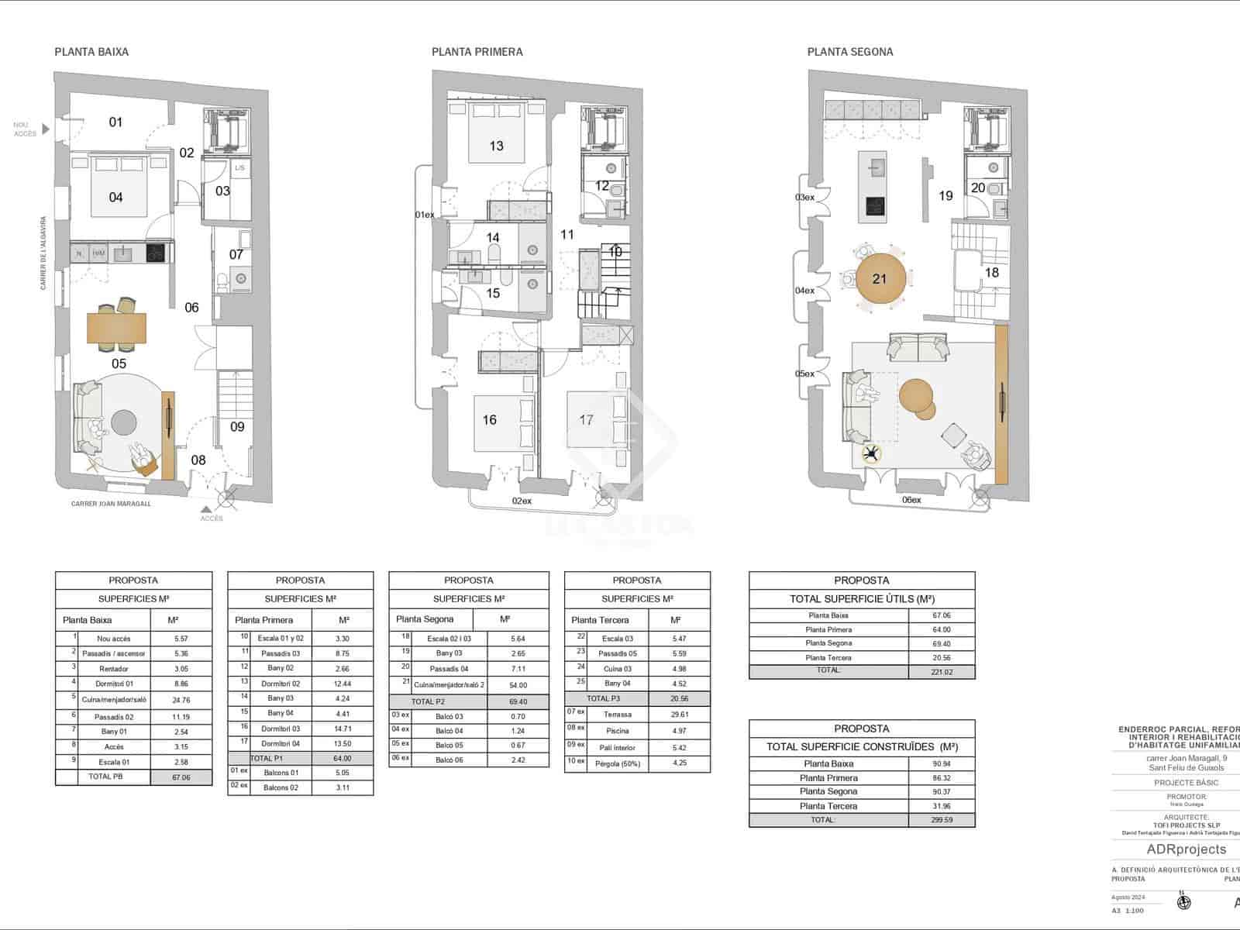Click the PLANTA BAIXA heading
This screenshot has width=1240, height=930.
coord(91,52)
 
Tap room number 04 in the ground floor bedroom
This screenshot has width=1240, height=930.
coord(115,198)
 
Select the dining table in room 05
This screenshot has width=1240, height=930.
coord(116,327)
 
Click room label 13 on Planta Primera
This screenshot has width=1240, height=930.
coord(496,146)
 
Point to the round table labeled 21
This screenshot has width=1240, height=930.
coord(879,279)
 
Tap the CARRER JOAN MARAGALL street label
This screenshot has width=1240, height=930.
coord(111,504)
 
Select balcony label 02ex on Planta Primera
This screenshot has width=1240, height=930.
coord(522,501)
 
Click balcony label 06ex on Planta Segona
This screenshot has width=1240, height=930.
coord(911,501)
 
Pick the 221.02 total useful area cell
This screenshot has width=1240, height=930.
coord(941,672)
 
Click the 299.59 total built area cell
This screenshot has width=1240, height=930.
coord(941,820)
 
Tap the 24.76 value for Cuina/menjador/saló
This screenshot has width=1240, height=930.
coord(181,700)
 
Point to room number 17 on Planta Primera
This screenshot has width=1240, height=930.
coord(586,420)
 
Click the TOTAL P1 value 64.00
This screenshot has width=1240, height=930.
coord(342,759)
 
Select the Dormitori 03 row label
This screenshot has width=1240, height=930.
coord(280,728)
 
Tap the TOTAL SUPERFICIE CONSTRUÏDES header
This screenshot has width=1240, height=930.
coord(862,747)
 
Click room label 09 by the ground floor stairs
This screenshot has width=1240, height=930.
coord(237,426)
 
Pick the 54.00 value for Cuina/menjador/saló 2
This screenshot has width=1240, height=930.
coord(518,685)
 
